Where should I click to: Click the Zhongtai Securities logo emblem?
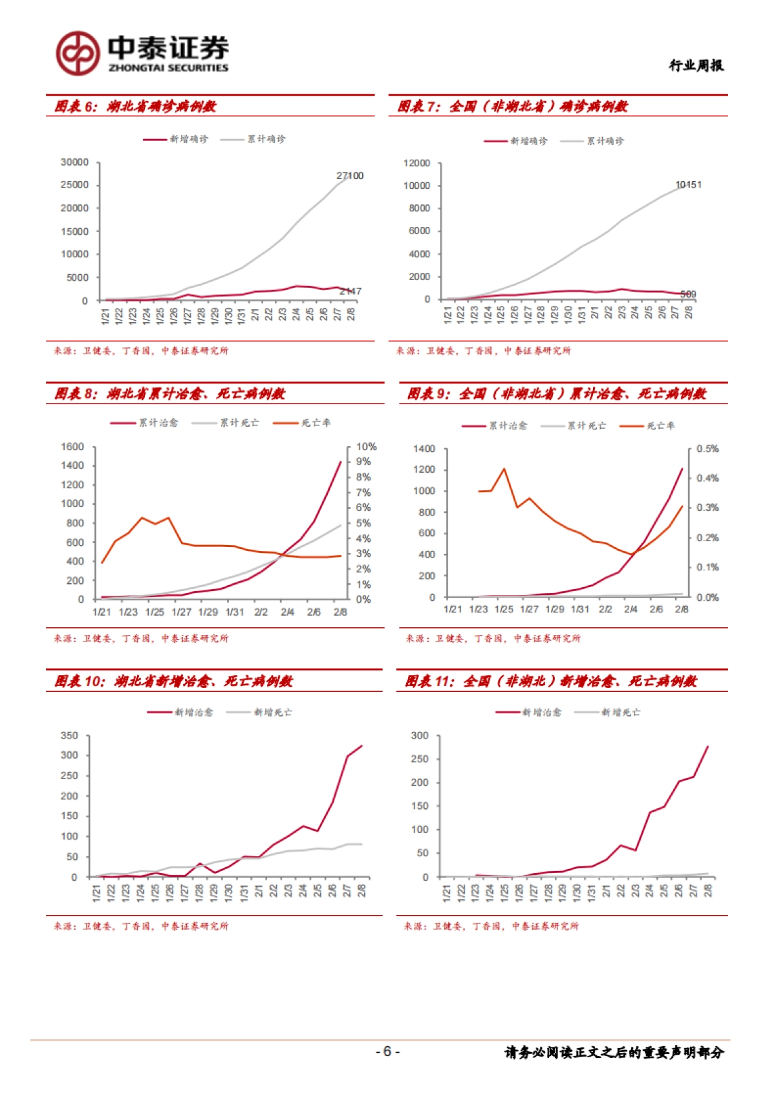78,53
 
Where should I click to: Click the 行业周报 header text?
696,65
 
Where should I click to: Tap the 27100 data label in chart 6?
350,176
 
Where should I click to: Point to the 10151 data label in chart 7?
688,185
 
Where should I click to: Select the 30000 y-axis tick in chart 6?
74,162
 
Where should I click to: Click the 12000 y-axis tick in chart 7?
416,163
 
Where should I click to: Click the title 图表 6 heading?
135,106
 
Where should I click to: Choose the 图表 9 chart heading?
556,394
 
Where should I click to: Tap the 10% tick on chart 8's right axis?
366,447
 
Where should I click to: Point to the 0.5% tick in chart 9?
707,449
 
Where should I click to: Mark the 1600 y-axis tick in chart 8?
72,447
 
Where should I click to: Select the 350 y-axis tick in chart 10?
69,736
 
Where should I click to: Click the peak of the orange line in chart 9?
504,469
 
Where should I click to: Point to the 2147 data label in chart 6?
350,292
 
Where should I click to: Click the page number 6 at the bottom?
387,1051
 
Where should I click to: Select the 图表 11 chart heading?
551,682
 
